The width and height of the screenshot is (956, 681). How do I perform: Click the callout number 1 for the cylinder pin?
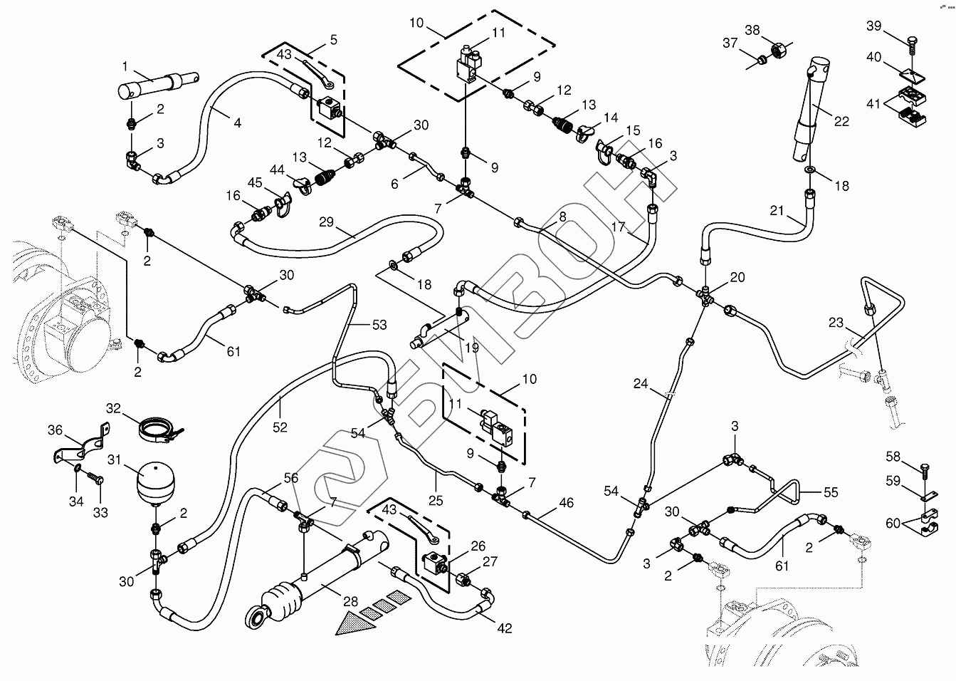point(125,67)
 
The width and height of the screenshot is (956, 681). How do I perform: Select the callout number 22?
point(841,122)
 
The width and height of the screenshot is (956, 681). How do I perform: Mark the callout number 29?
point(326,223)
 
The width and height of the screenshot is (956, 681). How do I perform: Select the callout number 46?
point(567,504)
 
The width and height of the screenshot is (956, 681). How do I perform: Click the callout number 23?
point(836,323)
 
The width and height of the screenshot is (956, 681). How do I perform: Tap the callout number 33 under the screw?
point(100,511)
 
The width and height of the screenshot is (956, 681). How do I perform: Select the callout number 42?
point(505,629)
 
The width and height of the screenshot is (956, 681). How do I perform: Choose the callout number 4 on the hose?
point(237,123)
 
